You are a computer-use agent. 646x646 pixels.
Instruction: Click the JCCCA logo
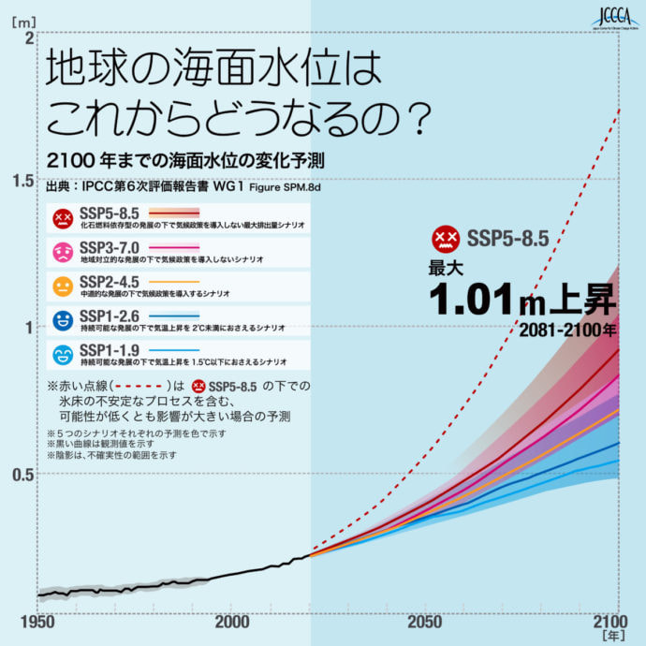pyautogui.click(x=615, y=17)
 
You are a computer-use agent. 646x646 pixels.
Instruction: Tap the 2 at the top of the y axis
pyautogui.click(x=29, y=39)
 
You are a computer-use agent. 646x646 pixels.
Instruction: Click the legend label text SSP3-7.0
pyautogui.click(x=110, y=246)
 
